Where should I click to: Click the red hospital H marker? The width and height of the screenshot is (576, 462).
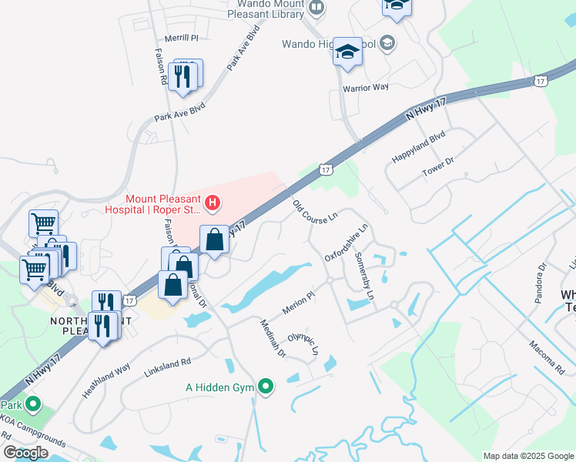[213, 204]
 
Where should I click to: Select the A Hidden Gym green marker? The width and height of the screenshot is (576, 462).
[266, 386]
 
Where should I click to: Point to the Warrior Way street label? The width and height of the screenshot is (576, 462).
[366, 88]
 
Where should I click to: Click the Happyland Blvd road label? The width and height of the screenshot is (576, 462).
[419, 146]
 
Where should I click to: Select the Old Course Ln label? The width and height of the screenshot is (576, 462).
[315, 212]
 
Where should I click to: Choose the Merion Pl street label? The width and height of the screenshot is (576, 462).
[299, 299]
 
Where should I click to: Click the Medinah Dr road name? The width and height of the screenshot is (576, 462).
[272, 339]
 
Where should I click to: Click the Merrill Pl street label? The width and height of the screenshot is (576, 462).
[182, 38]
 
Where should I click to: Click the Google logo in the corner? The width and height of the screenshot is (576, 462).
[25, 453]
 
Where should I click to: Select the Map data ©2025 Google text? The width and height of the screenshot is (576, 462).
[527, 456]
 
